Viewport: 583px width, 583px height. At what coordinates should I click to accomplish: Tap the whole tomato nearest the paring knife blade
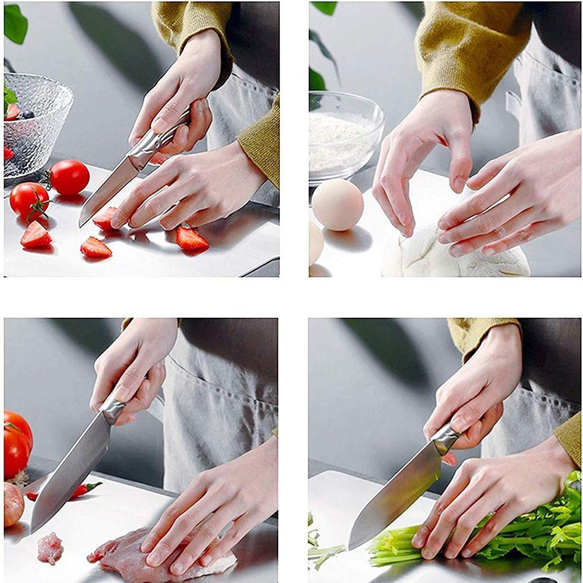[69, 177]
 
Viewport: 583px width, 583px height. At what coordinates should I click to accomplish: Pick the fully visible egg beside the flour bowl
[338, 205]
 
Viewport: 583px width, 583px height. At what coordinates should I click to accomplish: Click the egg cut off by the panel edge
[315, 243]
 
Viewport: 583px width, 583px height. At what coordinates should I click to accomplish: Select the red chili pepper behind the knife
[76, 491]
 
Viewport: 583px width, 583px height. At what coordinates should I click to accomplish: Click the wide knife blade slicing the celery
[396, 496]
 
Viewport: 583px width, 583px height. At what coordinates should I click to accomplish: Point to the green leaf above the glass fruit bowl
[15, 23]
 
